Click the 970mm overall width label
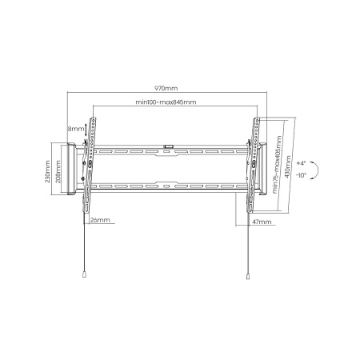coord(166,88)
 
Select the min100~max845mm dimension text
coord(166,102)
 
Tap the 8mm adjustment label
coord(76,129)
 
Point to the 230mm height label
coord(47,171)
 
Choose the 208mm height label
coord(58,171)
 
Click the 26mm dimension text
coord(100,220)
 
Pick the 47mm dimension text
coord(262,222)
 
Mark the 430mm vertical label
coord(288,166)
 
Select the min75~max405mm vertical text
coord(278,165)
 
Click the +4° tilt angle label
coord(301,163)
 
